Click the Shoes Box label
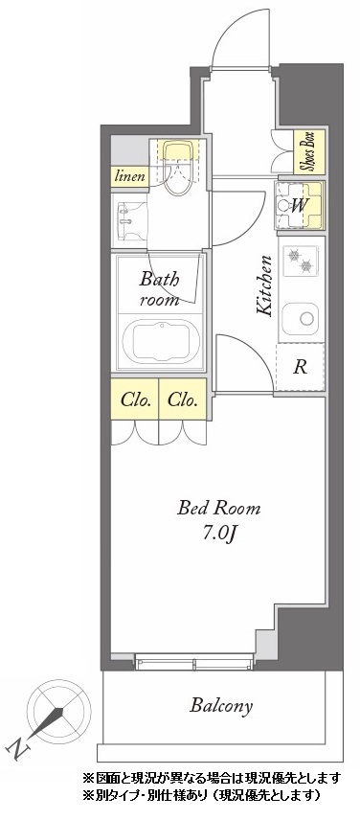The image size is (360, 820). pyautogui.click(x=309, y=151)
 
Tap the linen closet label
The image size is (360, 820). pyautogui.click(x=129, y=176)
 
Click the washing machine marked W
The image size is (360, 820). pyautogui.click(x=300, y=206)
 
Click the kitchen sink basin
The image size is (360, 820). pyautogui.click(x=301, y=317)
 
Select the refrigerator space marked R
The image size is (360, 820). pyautogui.click(x=300, y=367)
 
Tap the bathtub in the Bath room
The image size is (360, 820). pyautogui.click(x=161, y=340)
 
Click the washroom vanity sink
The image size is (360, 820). pyautogui.click(x=129, y=219)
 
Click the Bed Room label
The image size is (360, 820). pyautogui.click(x=218, y=508)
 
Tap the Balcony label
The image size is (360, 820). pyautogui.click(x=221, y=706)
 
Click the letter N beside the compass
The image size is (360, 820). pyautogui.click(x=18, y=749)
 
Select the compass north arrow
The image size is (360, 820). pyautogui.click(x=49, y=721)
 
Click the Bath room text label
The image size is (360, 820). pyautogui.click(x=159, y=289)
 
